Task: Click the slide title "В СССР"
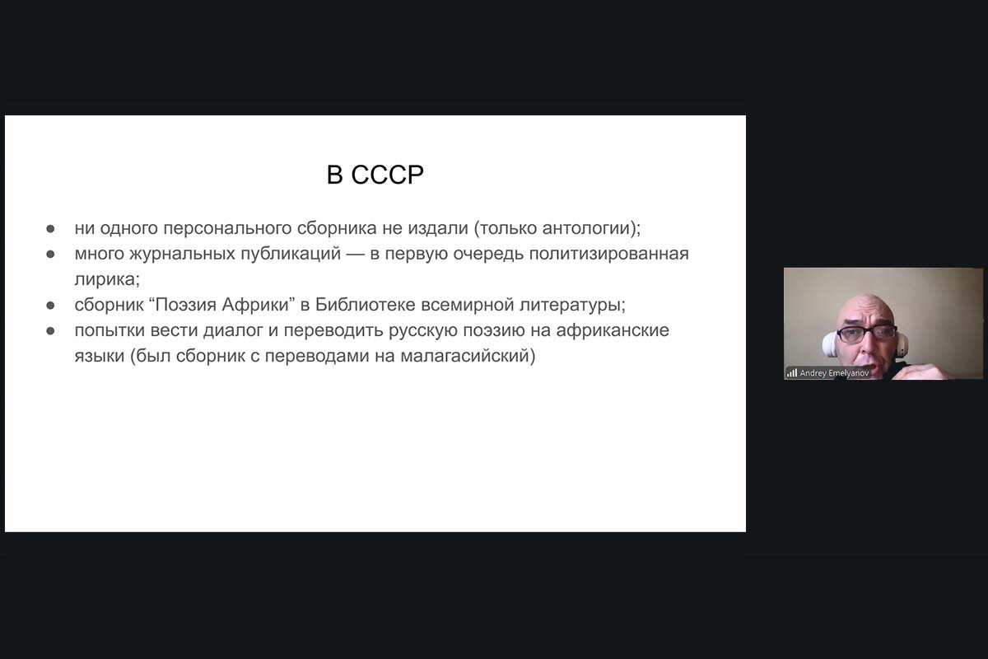tap(375, 175)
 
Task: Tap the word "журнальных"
tap(182, 254)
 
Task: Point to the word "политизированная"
tap(608, 254)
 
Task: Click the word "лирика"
tap(105, 279)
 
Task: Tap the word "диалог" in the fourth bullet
tap(233, 330)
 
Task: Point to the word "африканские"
tap(613, 330)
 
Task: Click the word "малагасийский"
tap(464, 356)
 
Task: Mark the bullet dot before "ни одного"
tap(51, 229)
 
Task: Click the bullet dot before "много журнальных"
tap(51, 255)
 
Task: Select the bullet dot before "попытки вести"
tap(51, 331)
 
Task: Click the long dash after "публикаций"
tap(355, 255)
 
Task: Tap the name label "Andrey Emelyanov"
tap(834, 373)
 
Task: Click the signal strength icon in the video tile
tap(792, 373)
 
